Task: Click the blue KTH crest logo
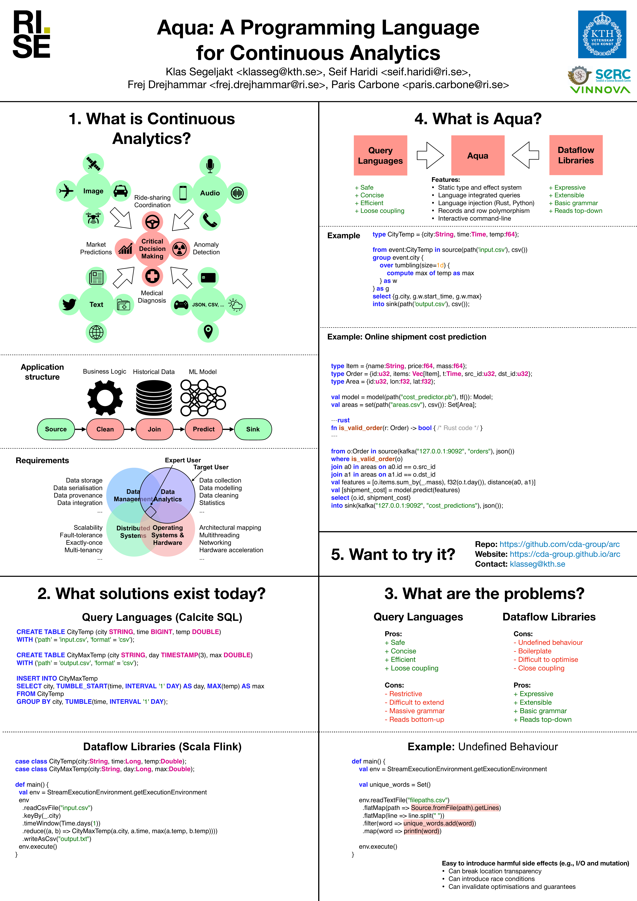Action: (x=602, y=35)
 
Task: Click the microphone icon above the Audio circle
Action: (x=210, y=166)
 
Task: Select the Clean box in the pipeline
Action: (x=105, y=429)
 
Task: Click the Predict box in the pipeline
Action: (x=204, y=429)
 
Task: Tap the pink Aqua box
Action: (x=478, y=155)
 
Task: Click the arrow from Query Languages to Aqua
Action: (x=430, y=155)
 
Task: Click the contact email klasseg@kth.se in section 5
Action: (x=537, y=564)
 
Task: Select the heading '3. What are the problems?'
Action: (x=484, y=593)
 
